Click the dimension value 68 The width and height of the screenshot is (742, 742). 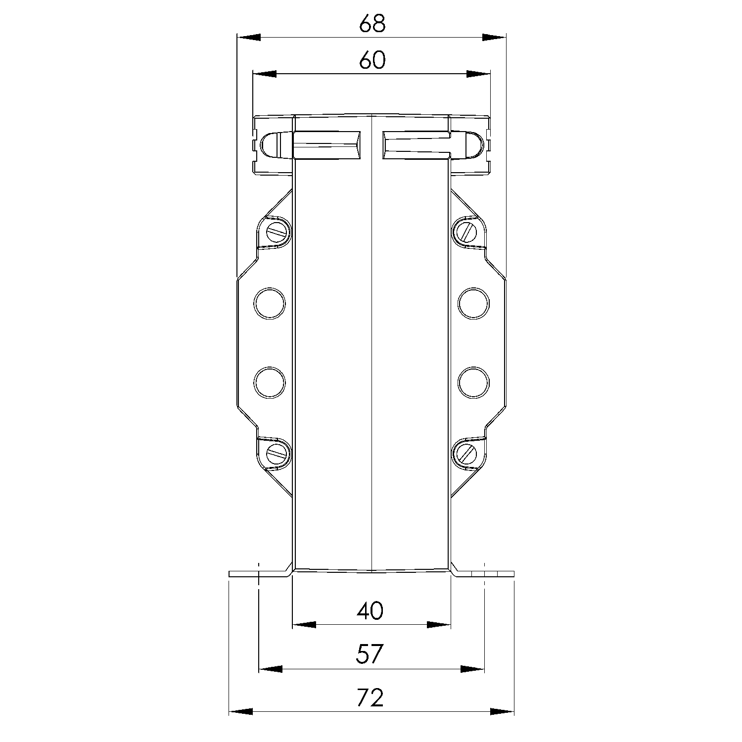click(372, 23)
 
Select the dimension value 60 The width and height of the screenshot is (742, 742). click(372, 60)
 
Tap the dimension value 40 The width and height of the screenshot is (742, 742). click(370, 611)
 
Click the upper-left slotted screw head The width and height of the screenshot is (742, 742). click(277, 231)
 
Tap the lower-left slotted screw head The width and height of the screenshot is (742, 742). click(277, 452)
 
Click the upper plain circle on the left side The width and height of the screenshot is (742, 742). click(270, 303)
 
